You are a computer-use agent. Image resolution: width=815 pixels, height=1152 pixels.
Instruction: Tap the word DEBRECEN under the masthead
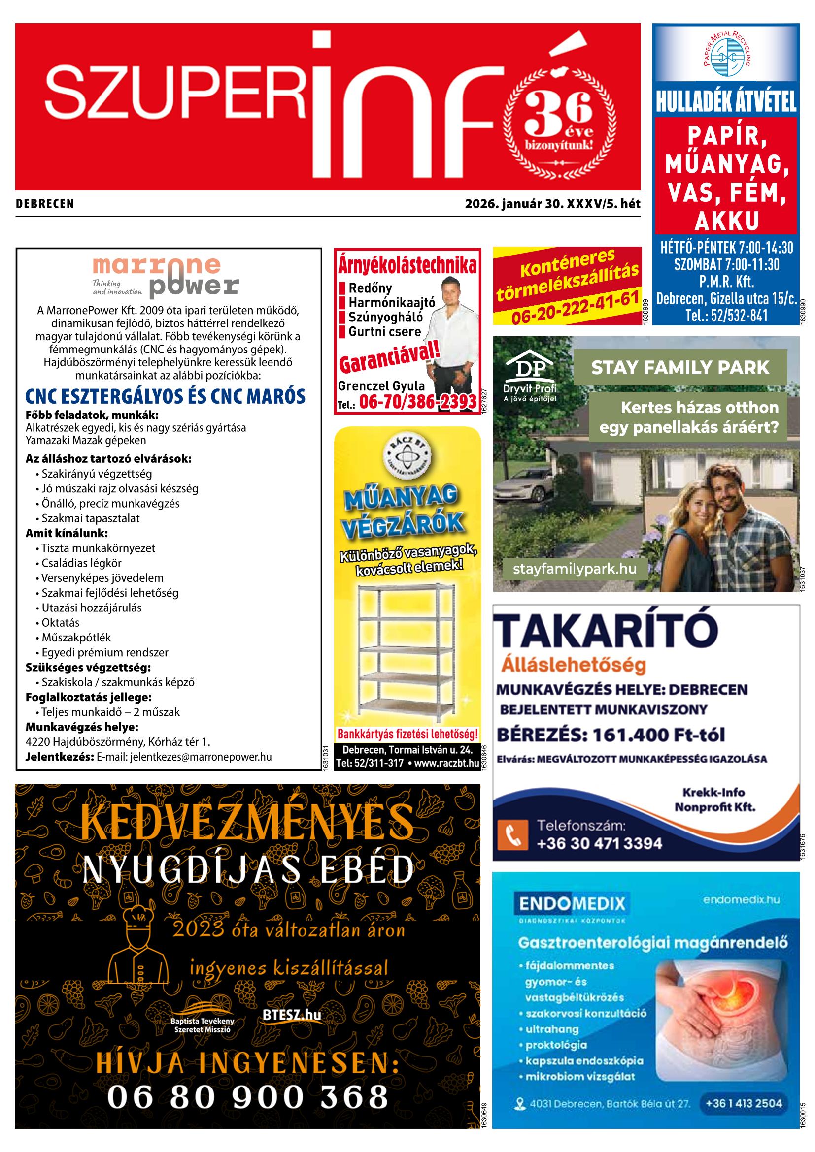[45, 204]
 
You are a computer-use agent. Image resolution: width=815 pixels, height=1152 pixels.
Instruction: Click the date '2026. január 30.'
[514, 204]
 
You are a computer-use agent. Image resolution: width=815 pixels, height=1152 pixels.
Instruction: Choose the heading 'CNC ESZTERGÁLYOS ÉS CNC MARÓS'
[165, 397]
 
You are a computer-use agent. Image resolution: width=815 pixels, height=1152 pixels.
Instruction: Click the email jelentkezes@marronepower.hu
[201, 757]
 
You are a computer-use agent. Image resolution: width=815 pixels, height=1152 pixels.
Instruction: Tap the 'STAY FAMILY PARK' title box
[680, 367]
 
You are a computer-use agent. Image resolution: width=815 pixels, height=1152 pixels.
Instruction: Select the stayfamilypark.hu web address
[575, 569]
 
